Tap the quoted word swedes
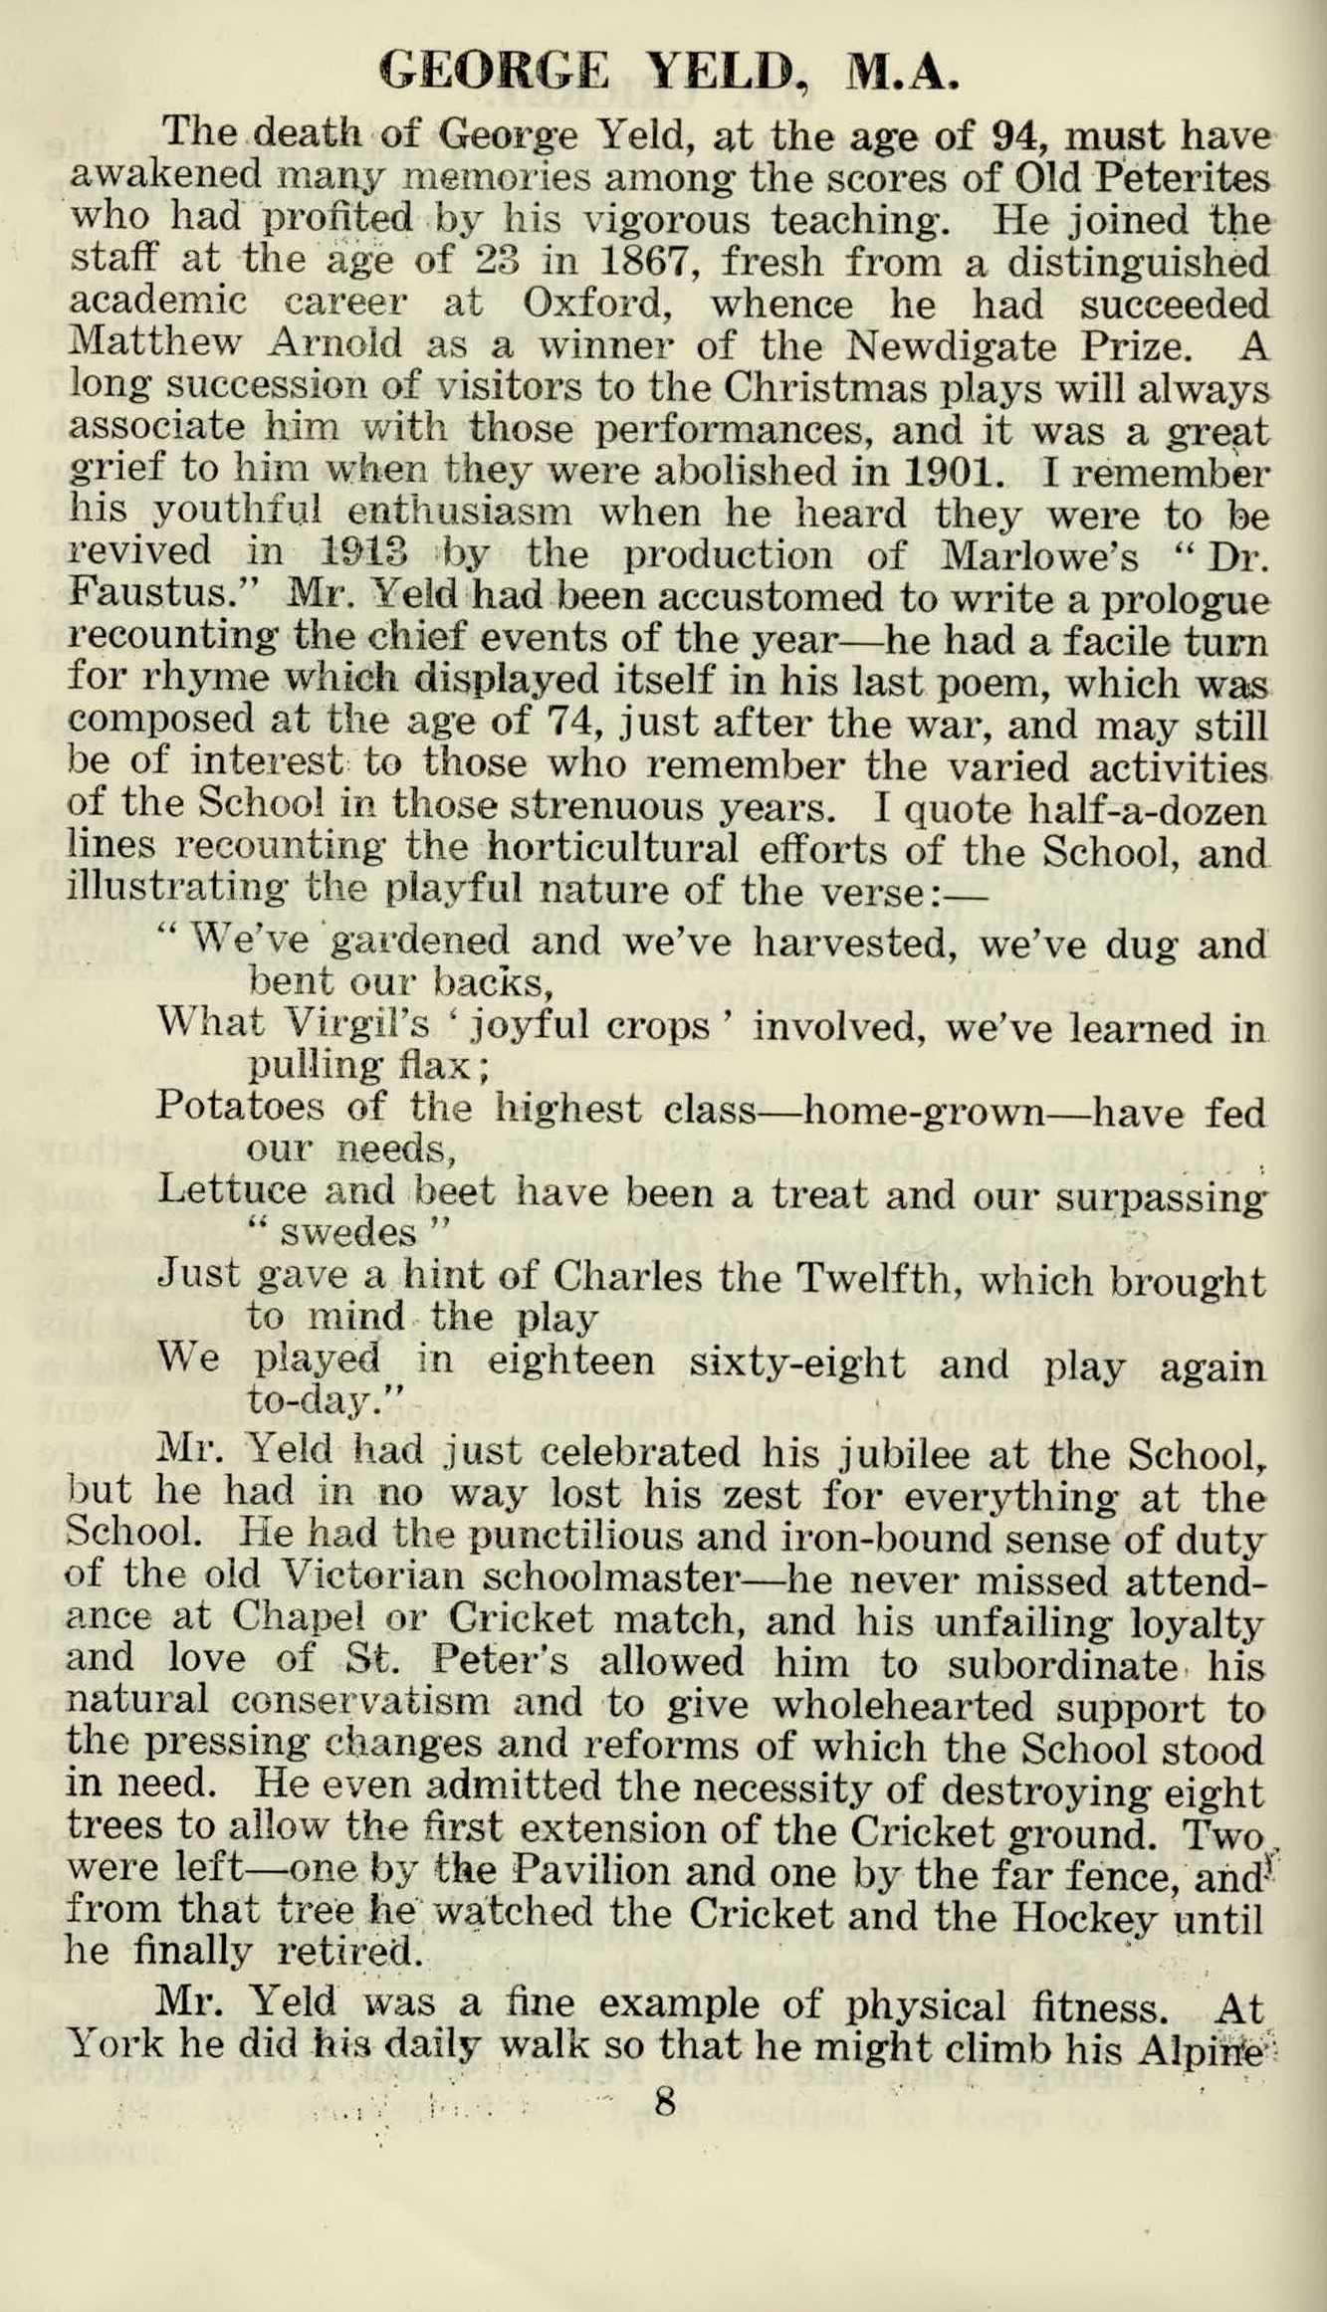pyautogui.click(x=347, y=1234)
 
